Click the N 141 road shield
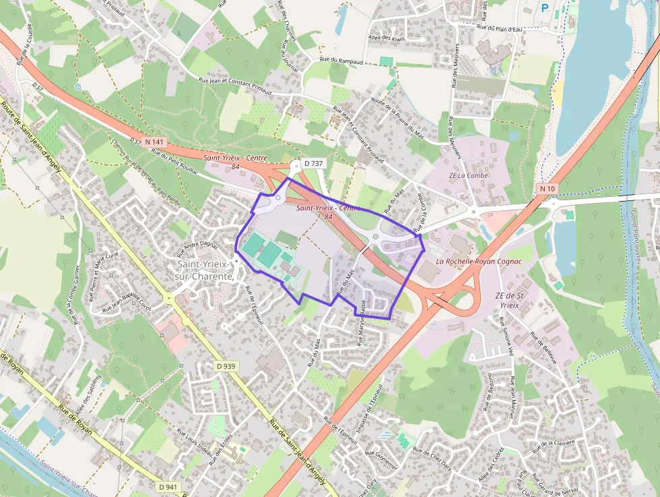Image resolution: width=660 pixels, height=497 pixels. (154, 142)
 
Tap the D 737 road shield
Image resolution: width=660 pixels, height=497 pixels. (314, 163)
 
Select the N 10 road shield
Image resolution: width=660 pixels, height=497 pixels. (547, 189)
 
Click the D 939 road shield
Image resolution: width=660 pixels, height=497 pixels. (227, 366)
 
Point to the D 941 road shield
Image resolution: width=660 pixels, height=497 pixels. (169, 486)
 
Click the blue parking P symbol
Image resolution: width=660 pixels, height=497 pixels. (545, 8)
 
